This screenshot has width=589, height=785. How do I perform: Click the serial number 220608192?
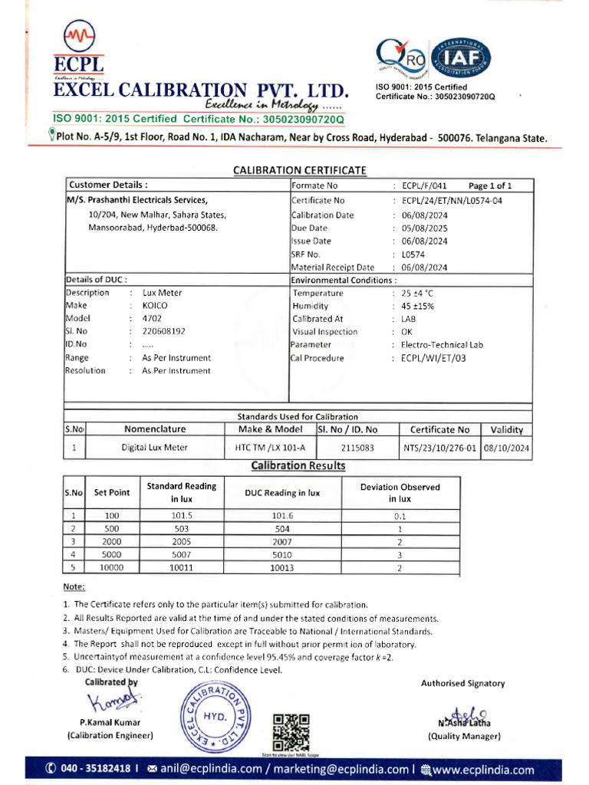(x=163, y=332)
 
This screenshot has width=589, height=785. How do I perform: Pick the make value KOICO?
(x=154, y=306)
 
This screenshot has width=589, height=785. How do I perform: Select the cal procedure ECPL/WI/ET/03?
(x=433, y=358)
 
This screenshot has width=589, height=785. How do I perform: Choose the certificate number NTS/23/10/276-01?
(x=439, y=448)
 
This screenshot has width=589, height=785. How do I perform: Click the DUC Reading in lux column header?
(x=281, y=494)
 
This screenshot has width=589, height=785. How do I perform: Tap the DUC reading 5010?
(x=281, y=554)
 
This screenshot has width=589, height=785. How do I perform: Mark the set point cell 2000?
(x=111, y=541)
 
